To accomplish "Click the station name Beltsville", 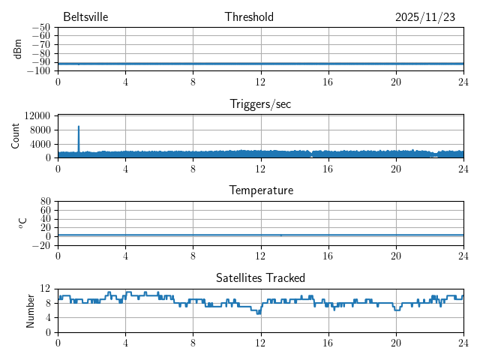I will [85, 17].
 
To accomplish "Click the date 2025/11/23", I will [425, 17].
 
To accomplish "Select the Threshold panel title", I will [249, 17].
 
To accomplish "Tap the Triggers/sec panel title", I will [260, 104].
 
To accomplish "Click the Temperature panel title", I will [261, 190].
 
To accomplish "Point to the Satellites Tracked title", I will [260, 278].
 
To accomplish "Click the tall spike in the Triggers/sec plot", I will [79, 129].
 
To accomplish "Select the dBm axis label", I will [17, 49].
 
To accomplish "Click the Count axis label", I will [16, 136].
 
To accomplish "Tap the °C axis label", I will [22, 223].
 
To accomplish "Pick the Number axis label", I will [31, 310].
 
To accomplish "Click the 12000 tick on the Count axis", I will [37, 115].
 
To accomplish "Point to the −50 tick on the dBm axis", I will [40, 28].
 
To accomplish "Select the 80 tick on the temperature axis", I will [45, 202].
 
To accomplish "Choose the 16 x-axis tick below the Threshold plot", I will [328, 82].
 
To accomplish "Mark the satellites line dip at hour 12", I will [259, 313].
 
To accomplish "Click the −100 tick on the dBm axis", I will [38, 71].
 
